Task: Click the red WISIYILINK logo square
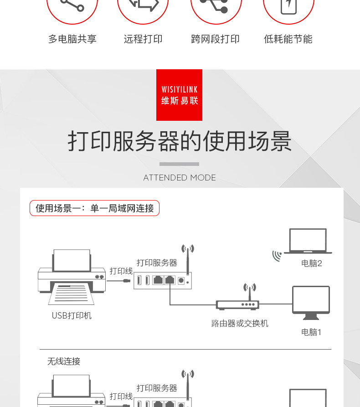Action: (179, 95)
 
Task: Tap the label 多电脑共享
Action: (72, 39)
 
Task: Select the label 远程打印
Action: (143, 39)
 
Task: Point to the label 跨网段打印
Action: (215, 39)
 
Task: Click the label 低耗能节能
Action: (288, 39)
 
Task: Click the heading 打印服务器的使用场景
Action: (180, 141)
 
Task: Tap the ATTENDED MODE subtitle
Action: (180, 178)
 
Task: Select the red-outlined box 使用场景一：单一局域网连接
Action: (94, 208)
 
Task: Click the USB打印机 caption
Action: (72, 315)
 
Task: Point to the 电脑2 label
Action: (312, 263)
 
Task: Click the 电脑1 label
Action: (312, 332)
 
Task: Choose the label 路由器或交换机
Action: (240, 324)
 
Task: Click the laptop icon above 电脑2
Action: (308, 241)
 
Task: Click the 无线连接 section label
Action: (64, 361)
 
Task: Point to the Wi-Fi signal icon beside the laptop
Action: (277, 256)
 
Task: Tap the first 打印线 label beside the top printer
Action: (121, 271)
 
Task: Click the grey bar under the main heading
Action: (179, 164)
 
